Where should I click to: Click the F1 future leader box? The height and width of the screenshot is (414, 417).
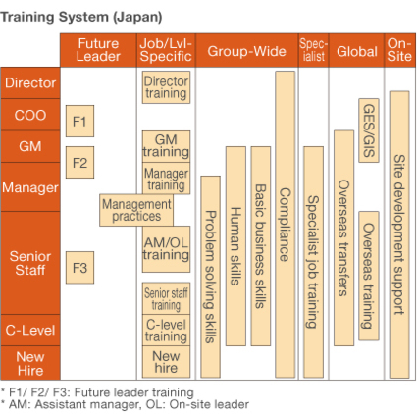click(79, 121)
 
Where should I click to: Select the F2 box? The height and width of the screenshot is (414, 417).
click(79, 162)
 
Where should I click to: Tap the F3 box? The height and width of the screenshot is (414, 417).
click(79, 268)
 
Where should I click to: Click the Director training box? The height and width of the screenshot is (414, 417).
click(166, 87)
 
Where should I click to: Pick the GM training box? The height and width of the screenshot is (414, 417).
click(166, 146)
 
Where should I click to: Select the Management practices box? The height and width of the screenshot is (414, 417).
click(136, 210)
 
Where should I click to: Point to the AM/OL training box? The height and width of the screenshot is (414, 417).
click(166, 249)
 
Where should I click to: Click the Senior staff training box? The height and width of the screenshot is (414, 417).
click(166, 298)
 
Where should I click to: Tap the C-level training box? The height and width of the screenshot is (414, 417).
click(166, 330)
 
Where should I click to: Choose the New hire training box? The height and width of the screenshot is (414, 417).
click(166, 362)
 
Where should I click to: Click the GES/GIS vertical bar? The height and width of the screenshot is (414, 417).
click(369, 130)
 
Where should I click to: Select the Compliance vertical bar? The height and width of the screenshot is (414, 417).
click(285, 225)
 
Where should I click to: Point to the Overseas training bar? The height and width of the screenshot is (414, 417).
click(369, 276)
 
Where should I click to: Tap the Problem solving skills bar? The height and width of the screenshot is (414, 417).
click(210, 277)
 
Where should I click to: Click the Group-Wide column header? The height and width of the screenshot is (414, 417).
click(247, 51)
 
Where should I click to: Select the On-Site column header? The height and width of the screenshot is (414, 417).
click(399, 51)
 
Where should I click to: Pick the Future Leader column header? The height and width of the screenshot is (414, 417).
click(98, 51)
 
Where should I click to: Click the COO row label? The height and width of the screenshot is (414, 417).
click(30, 115)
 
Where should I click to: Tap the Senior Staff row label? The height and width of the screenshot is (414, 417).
click(30, 263)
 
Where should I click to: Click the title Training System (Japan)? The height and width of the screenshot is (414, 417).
click(81, 17)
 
